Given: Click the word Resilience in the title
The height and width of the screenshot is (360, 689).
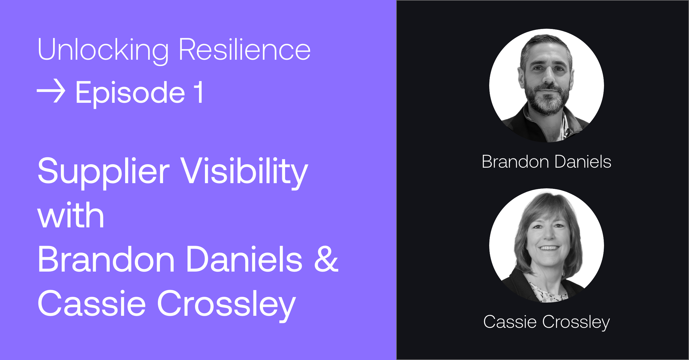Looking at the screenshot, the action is [245, 49].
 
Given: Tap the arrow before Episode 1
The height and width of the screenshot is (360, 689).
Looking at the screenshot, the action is [51, 91].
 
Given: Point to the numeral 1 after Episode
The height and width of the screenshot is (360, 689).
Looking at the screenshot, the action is [199, 92].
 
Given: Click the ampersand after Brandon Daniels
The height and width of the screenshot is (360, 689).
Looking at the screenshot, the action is [326, 259].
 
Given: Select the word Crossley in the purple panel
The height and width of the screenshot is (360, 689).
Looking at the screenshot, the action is [227, 305].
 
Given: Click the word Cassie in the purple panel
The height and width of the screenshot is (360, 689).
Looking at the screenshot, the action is [92, 303].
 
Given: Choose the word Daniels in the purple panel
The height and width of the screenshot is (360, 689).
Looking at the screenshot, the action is [244, 259].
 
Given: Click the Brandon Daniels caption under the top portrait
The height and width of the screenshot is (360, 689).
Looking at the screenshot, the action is [546, 162].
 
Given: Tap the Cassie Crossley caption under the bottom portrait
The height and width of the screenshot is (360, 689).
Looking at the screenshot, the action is [546, 322].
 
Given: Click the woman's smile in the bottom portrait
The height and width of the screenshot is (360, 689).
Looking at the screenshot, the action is [549, 248].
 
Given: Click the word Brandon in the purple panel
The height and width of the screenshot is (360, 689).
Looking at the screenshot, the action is [106, 259].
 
